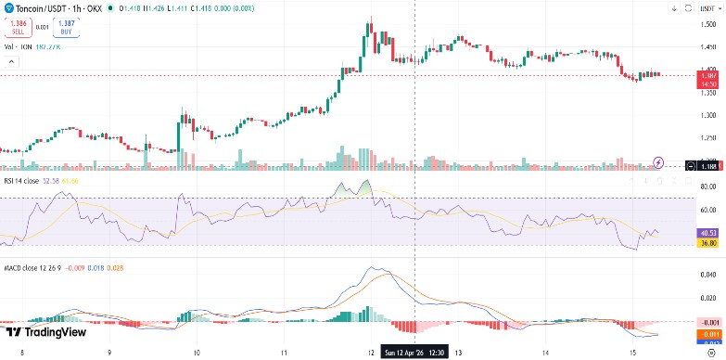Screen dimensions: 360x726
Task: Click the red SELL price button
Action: (18, 28)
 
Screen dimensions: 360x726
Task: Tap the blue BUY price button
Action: (64, 28)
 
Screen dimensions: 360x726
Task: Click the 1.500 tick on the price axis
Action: (708, 25)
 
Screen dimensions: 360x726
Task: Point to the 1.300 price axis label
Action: (708, 116)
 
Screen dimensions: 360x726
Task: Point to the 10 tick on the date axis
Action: (197, 353)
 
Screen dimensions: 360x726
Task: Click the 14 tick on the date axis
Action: (546, 353)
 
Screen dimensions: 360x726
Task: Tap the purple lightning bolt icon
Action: (659, 162)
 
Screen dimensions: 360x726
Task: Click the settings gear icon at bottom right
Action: (710, 353)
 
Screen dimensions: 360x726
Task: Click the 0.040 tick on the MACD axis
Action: (708, 275)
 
